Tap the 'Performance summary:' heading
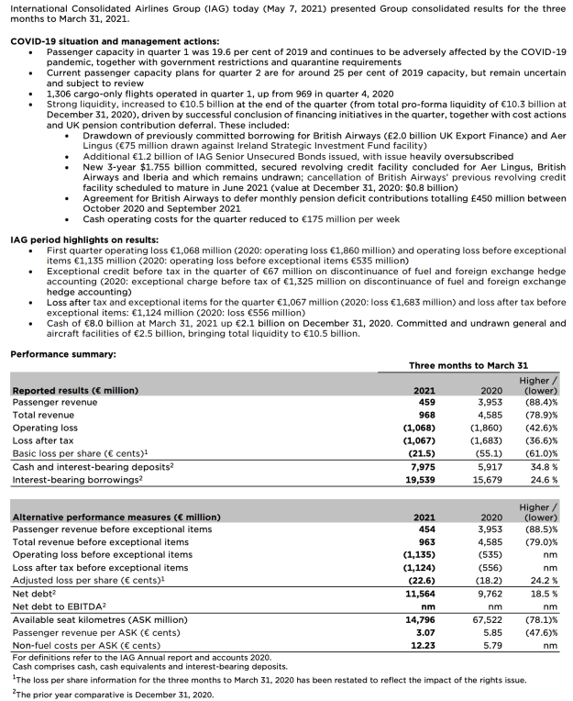tap(62, 353)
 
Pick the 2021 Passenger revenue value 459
tap(425, 402)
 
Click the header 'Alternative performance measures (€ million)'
tap(116, 517)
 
